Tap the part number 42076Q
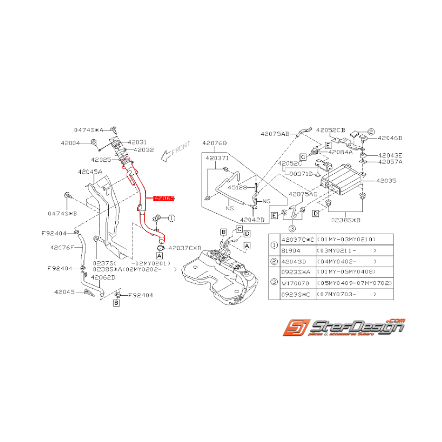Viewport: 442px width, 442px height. click(215, 143)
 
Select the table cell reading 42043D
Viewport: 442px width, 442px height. click(294, 261)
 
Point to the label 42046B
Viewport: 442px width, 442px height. click(390, 138)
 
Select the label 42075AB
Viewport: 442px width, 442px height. click(274, 134)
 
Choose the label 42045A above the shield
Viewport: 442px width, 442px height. click(90, 172)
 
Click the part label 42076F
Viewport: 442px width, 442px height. click(62, 247)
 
